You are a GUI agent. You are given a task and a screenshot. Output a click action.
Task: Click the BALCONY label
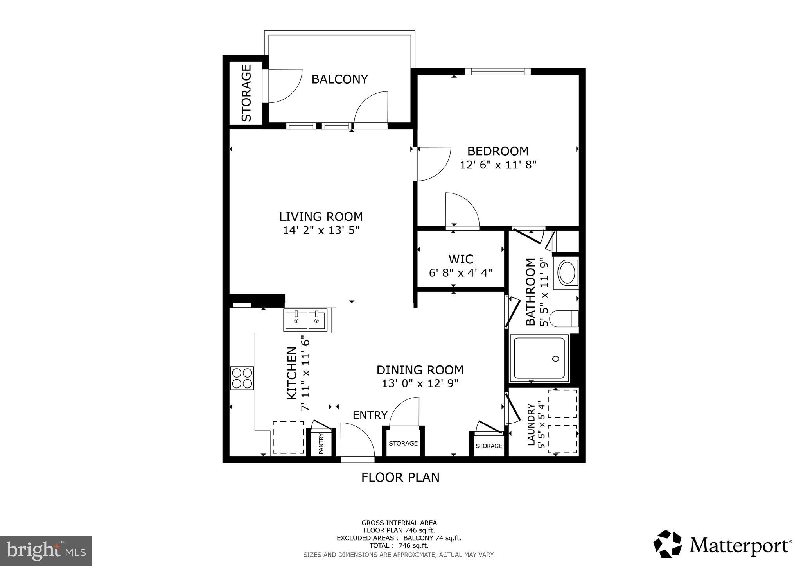[x=339, y=79]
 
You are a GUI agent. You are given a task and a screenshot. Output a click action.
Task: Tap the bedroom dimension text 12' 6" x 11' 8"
[x=497, y=165]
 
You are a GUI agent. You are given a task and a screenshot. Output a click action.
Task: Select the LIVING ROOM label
[x=321, y=217]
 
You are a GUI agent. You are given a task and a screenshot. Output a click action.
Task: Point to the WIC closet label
[x=461, y=259]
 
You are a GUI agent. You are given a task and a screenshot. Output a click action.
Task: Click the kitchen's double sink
[x=305, y=320]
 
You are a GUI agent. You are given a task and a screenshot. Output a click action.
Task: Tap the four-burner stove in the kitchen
[x=242, y=378]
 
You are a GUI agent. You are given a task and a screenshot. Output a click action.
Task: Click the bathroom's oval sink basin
[x=566, y=273]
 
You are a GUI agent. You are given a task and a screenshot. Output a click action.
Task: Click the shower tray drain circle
[x=555, y=359]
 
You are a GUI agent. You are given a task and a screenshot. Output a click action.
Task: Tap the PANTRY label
[x=321, y=443]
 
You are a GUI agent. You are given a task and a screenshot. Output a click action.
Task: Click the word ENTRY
[x=370, y=415]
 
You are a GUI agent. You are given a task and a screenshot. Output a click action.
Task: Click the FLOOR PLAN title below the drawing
[x=400, y=477]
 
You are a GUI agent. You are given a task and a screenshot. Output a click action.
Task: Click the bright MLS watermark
[x=46, y=551]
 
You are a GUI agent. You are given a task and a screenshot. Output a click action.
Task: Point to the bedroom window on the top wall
[x=497, y=72]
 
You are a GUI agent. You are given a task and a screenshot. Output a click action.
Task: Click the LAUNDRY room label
[x=531, y=424]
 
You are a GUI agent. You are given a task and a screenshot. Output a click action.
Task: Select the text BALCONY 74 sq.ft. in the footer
[x=432, y=538]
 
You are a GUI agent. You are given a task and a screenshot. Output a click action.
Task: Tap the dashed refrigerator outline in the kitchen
[x=288, y=437]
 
